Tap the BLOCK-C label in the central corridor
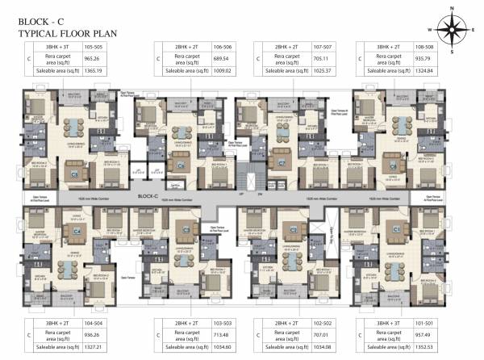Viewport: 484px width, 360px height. pos(146,196)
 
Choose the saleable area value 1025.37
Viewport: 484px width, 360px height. pos(322,71)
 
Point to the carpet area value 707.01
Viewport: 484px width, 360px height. pos(322,333)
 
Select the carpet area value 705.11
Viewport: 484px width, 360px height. pos(322,59)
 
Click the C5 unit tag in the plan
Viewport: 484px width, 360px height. pos(73,173)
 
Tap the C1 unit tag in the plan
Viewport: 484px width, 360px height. pos(396,230)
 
